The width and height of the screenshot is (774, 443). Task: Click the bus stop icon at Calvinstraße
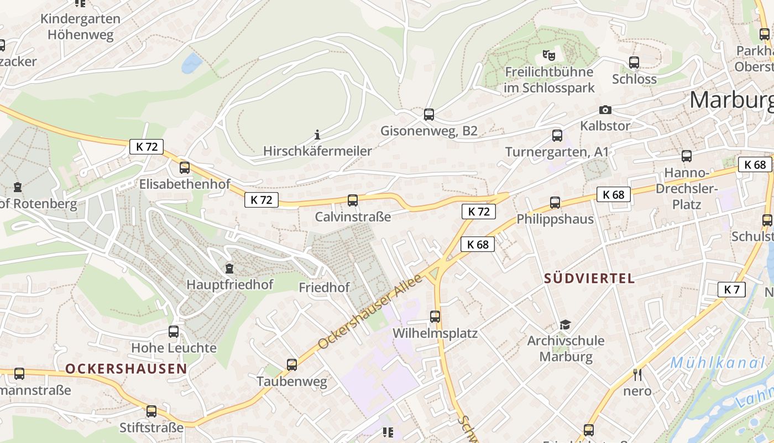pyautogui.click(x=352, y=200)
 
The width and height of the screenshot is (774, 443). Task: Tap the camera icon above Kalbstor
pyautogui.click(x=605, y=110)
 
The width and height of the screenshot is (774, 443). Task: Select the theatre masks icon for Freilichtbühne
pyautogui.click(x=548, y=55)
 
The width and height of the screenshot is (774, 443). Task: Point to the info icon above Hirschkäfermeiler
pyautogui.click(x=317, y=135)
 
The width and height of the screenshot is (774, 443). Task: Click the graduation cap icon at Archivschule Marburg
pyautogui.click(x=564, y=324)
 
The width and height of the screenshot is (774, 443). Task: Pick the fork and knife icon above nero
pyautogui.click(x=637, y=375)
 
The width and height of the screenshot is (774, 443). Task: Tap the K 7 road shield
pyautogui.click(x=731, y=289)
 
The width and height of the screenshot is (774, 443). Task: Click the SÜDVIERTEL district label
pyautogui.click(x=589, y=278)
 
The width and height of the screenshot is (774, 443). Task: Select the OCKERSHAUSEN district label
pyautogui.click(x=126, y=369)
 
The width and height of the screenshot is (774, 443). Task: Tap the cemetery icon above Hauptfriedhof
pyautogui.click(x=229, y=269)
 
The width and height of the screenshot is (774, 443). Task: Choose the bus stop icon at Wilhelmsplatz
pyautogui.click(x=435, y=317)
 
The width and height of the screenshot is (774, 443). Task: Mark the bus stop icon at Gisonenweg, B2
pyautogui.click(x=429, y=115)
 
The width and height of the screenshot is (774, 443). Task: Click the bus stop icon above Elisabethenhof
pyautogui.click(x=185, y=167)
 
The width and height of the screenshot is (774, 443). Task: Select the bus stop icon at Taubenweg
pyautogui.click(x=292, y=365)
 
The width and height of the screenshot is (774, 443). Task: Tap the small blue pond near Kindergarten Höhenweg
pyautogui.click(x=192, y=63)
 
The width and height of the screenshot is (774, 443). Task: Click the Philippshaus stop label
pyautogui.click(x=555, y=219)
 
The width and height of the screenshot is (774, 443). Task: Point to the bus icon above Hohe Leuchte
pyautogui.click(x=174, y=332)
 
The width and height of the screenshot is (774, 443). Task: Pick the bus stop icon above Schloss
pyautogui.click(x=634, y=63)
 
